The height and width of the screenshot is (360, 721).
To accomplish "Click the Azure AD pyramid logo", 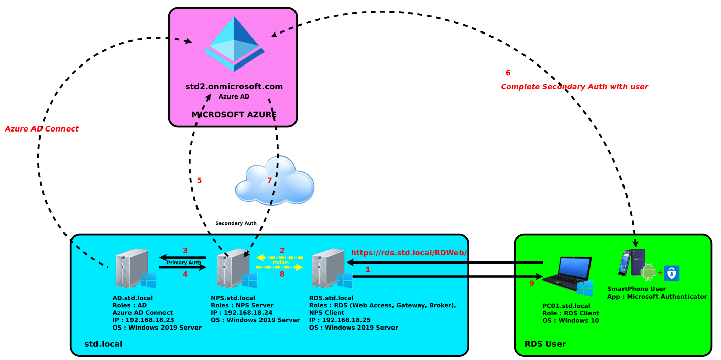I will click(x=234, y=44).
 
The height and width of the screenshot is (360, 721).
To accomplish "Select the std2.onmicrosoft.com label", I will click(x=234, y=87).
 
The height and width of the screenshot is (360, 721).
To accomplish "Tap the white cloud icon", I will click(x=274, y=181).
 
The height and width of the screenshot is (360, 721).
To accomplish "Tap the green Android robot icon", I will click(x=648, y=272).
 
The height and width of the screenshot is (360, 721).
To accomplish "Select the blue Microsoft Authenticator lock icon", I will click(x=671, y=273).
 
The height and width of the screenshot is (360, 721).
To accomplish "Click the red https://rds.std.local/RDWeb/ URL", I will click(x=408, y=252).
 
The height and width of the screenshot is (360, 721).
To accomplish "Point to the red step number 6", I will click(x=508, y=73).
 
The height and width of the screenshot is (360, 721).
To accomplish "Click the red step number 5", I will click(x=199, y=180).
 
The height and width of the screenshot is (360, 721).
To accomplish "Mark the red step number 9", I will click(x=531, y=283).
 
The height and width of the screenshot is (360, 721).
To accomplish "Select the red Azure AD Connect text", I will click(x=42, y=129).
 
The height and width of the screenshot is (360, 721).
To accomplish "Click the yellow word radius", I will click(x=280, y=263).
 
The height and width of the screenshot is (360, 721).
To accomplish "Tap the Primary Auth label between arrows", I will click(x=183, y=263).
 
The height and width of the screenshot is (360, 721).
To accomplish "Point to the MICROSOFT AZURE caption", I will click(x=234, y=115).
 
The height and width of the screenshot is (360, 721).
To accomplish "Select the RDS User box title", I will click(x=545, y=344).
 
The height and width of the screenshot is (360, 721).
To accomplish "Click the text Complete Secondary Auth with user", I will click(x=574, y=87).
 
